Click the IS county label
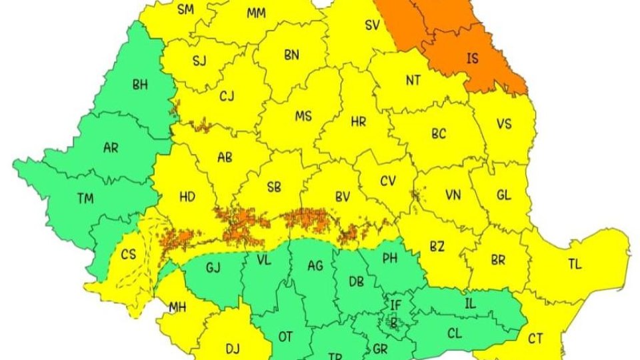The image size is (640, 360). [x=472, y=59]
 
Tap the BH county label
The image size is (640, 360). [x=141, y=85]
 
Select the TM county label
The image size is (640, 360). [x=85, y=198]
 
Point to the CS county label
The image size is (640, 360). [x=128, y=255]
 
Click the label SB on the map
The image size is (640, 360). [x=273, y=188]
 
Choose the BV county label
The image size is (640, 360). [x=343, y=197]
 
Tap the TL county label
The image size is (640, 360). [x=575, y=264]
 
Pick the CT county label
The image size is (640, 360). [x=535, y=338]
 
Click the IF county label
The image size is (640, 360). [x=396, y=305]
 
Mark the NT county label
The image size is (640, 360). [x=413, y=80]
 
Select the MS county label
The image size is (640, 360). [x=303, y=117]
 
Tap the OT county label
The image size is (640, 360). [x=285, y=337]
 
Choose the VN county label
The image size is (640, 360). [x=453, y=195]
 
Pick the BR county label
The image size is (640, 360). [x=498, y=260]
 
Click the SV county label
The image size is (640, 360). [x=372, y=25]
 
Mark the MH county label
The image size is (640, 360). [x=177, y=307]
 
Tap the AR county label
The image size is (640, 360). [x=111, y=148]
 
